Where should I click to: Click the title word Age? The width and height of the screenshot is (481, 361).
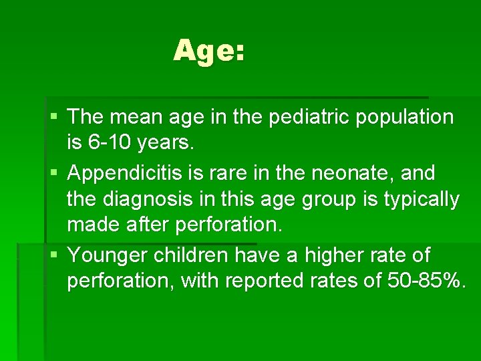pyautogui.click(x=209, y=51)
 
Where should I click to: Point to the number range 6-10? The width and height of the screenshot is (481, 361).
pyautogui.click(x=108, y=143)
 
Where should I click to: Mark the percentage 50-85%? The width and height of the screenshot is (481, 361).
pyautogui.click(x=424, y=281)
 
